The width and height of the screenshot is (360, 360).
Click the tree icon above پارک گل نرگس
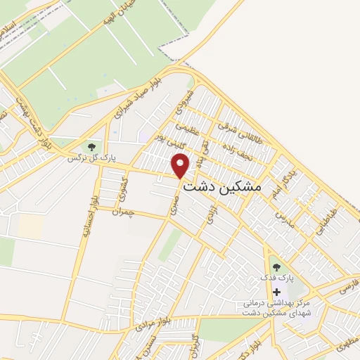pyautogui.click(x=91, y=146)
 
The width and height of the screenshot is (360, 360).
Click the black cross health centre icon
pyautogui.click(x=276, y=292)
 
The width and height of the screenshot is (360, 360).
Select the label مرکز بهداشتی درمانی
pyautogui.click(x=275, y=304)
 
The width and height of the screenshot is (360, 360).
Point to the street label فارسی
pyautogui.click(x=349, y=287)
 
